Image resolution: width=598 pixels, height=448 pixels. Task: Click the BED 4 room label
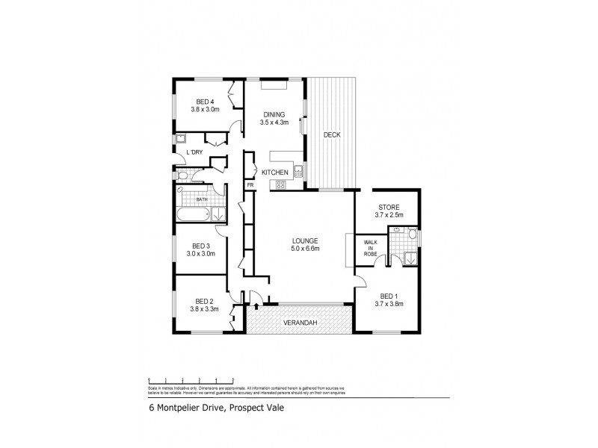click(x=205, y=102)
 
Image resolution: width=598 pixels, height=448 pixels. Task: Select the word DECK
click(x=332, y=135)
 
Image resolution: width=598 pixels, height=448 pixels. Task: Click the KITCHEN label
click(x=275, y=172)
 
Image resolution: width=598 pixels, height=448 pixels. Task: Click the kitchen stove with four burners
click(x=283, y=183)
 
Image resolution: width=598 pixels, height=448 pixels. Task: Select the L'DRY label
click(x=194, y=153)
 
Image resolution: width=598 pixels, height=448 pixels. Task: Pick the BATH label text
click(x=202, y=200)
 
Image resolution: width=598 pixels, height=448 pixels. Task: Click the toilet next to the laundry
click(x=184, y=175)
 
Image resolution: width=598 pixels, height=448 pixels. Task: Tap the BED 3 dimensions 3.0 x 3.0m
click(x=201, y=253)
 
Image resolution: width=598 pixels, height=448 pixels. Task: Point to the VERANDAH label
click(x=298, y=323)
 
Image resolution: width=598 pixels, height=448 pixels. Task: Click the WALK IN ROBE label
click(x=370, y=248)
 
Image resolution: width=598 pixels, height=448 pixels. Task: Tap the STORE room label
click(x=388, y=207)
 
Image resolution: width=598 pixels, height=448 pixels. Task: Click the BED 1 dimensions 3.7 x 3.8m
click(x=388, y=303)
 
